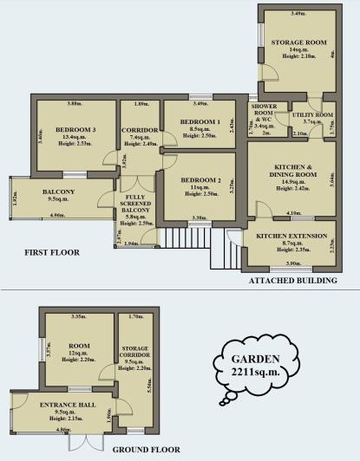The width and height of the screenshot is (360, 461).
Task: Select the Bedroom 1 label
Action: click(x=200, y=122)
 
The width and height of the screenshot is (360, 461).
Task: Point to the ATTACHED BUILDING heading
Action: click(x=292, y=281)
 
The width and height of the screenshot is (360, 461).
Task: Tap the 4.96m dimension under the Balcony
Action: click(x=58, y=215)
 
